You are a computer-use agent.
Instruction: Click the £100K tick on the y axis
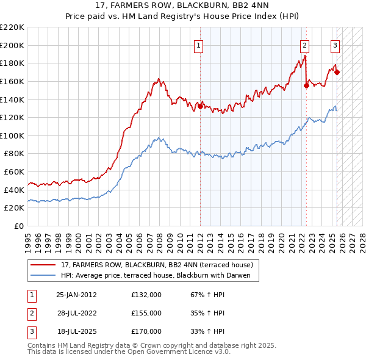(12, 135)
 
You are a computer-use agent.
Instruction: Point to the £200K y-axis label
(12, 45)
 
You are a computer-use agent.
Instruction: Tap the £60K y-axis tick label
(14, 172)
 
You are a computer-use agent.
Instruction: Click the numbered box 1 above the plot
(199, 45)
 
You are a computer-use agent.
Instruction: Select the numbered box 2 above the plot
(304, 45)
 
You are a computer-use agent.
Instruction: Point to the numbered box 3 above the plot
(335, 45)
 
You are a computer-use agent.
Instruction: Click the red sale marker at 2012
(201, 106)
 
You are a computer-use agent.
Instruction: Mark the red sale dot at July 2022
(306, 85)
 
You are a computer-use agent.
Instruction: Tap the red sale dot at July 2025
(337, 72)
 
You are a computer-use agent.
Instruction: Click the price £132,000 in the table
(146, 295)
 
